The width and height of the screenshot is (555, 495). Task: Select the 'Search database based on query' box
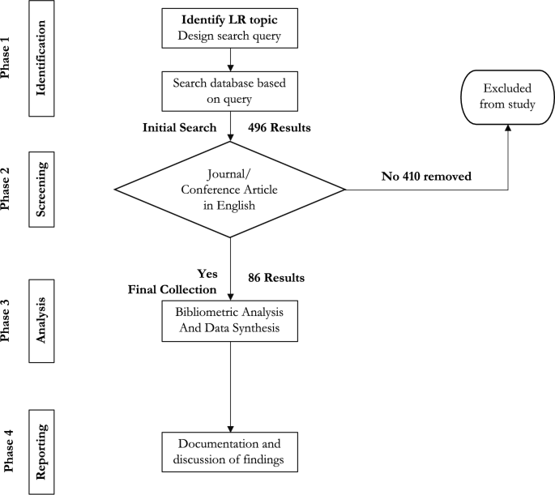(231, 91)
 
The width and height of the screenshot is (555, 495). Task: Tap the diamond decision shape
(231, 190)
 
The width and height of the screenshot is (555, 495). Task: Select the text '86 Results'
(277, 278)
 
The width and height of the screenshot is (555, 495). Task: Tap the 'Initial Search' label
(179, 128)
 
